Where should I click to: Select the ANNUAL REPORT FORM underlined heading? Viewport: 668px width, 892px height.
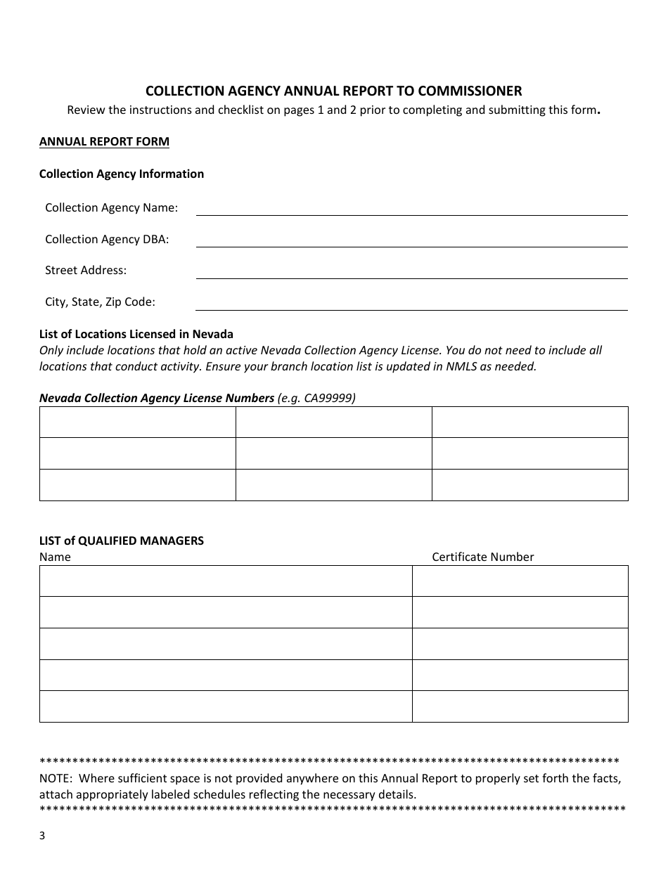104,141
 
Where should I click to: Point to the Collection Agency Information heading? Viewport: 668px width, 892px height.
122,174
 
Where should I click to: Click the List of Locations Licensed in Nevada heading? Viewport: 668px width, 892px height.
136,334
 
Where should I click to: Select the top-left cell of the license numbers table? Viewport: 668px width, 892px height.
137,422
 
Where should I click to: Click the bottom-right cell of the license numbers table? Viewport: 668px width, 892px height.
529,485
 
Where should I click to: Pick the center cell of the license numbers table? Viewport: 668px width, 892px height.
333,453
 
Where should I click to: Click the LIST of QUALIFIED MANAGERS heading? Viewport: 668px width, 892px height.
122,541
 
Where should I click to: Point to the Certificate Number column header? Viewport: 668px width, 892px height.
482,557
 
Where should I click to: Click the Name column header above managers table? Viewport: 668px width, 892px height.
55,557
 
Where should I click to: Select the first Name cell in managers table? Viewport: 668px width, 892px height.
225,581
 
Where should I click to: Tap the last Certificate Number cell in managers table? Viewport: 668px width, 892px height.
520,706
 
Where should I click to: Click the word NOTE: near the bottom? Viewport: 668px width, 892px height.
56,778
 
